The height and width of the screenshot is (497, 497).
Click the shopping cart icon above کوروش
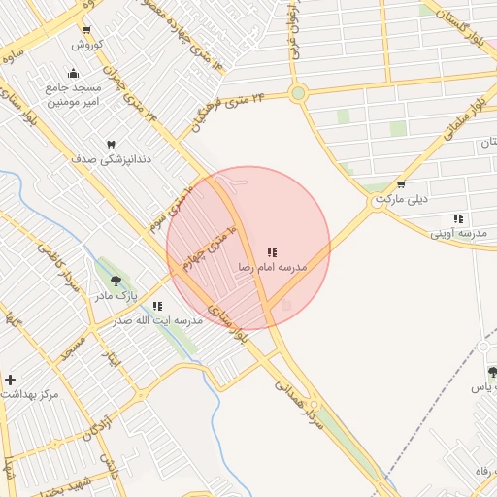pos(87,30)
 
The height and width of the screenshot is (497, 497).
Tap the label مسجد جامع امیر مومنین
pos(73,94)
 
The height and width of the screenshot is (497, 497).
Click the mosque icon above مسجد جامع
pos(73,73)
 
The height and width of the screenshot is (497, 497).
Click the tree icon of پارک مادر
pos(116,281)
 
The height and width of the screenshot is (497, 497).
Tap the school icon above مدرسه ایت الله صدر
pos(156,306)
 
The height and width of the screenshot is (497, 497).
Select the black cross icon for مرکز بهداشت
pos(10,380)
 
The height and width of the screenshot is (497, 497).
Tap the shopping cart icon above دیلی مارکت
pos(401,183)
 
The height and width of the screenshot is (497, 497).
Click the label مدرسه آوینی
pos(458,233)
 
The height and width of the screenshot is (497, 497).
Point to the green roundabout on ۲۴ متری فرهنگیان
pos(298,94)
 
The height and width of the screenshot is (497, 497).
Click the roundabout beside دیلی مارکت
pos(377,203)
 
